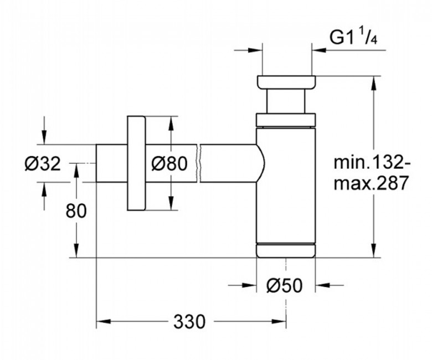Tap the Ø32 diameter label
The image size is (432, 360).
(43, 163)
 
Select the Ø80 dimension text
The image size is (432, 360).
(169, 163)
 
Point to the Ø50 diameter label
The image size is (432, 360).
(284, 285)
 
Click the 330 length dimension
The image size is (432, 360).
(189, 321)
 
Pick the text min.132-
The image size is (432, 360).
(372, 163)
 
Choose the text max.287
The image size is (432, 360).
(371, 183)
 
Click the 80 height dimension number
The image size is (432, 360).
(76, 211)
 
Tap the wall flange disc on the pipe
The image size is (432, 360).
(136, 163)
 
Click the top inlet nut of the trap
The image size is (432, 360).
(286, 82)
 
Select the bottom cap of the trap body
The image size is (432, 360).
(286, 250)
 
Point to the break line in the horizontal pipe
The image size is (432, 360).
(199, 163)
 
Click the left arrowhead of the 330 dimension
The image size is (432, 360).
(104, 321)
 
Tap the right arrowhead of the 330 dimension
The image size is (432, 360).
(279, 321)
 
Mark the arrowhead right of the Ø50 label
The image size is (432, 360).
(323, 285)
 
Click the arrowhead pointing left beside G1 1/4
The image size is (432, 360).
(319, 50)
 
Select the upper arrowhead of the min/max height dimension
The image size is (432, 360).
(374, 83)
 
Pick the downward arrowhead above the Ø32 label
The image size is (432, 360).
(44, 137)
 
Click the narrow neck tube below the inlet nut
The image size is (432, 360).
(286, 101)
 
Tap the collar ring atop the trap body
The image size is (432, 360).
(286, 120)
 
